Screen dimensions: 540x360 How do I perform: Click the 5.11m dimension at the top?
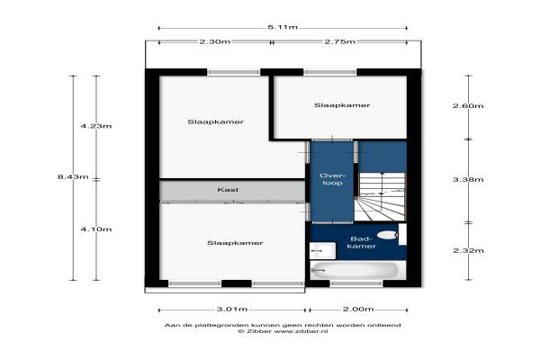(283, 27)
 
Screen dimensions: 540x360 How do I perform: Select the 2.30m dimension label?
(215, 41)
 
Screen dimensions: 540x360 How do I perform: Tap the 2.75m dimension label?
(339, 41)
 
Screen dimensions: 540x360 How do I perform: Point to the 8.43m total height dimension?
(73, 176)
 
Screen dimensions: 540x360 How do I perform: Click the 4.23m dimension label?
(96, 126)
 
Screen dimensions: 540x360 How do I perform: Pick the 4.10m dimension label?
(96, 229)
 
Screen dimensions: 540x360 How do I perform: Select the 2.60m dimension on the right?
(468, 106)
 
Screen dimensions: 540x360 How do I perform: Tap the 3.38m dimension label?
(468, 179)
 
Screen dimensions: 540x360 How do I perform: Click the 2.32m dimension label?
(468, 250)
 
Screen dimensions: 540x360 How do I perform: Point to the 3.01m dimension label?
(232, 309)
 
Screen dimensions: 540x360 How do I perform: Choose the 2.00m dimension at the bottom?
(358, 309)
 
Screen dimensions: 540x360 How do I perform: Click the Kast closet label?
(228, 190)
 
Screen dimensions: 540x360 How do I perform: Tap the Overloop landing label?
(332, 179)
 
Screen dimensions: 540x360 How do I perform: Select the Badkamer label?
(361, 242)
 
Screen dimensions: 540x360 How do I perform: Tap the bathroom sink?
(322, 250)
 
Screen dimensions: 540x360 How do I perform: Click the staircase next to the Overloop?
(380, 196)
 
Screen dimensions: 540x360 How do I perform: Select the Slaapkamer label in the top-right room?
(342, 105)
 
